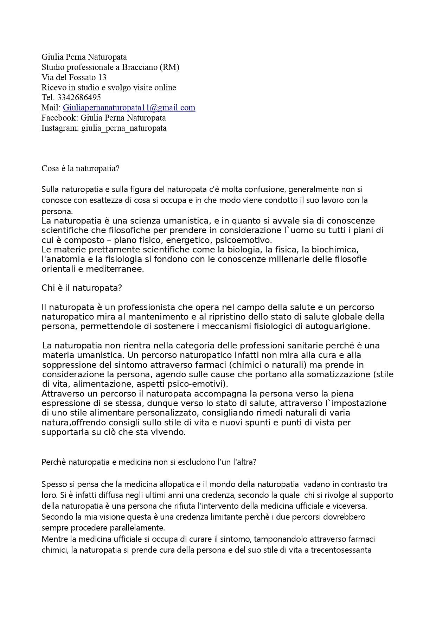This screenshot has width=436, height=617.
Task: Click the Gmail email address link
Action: pyautogui.click(x=129, y=108)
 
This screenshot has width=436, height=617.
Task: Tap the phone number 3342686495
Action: pyautogui.click(x=79, y=97)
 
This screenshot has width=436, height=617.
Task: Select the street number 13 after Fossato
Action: pyautogui.click(x=102, y=77)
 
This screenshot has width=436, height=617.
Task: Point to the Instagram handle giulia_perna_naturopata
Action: pyautogui.click(x=124, y=128)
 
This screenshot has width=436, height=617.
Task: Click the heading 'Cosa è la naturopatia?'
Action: pyautogui.click(x=81, y=168)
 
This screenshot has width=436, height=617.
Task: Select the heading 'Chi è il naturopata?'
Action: pyautogui.click(x=82, y=288)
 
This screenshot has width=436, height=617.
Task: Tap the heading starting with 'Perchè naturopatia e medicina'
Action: pyautogui.click(x=149, y=462)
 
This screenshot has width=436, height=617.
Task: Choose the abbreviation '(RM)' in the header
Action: pyautogui.click(x=169, y=67)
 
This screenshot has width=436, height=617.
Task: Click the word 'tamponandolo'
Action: pyautogui.click(x=280, y=539)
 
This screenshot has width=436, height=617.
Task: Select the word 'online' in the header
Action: pyautogui.click(x=165, y=88)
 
